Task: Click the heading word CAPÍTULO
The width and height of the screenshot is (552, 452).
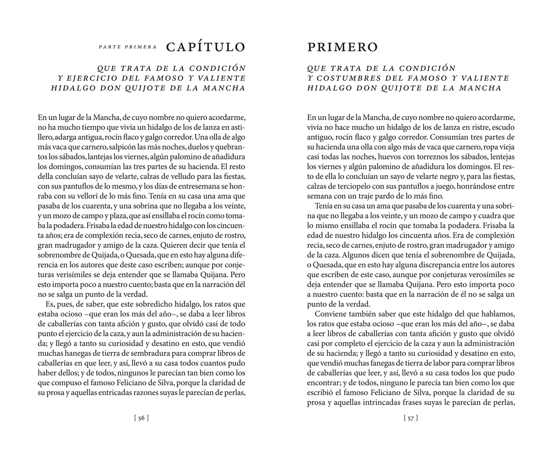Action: tap(206, 47)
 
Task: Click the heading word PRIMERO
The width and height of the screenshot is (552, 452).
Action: tap(342, 47)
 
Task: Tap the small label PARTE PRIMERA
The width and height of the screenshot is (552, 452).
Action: tap(127, 47)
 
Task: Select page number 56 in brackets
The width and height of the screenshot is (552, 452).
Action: tap(141, 418)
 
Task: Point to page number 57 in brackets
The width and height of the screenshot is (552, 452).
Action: tap(411, 418)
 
